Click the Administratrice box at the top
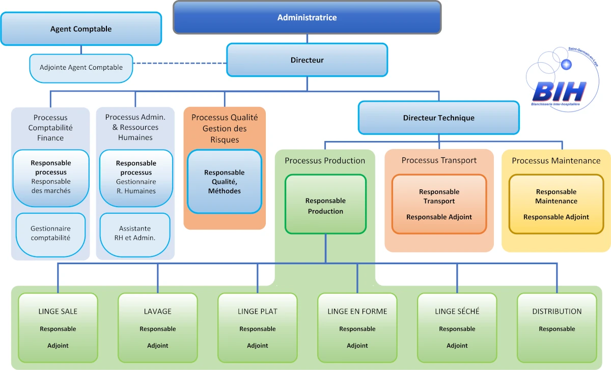click(307, 17)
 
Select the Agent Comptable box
click(81, 29)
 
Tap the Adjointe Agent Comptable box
click(81, 67)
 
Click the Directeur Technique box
click(438, 118)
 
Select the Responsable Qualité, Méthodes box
click(224, 181)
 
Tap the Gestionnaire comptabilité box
click(50, 234)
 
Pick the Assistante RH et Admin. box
click(135, 234)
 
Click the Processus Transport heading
click(439, 160)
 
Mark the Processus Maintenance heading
click(556, 161)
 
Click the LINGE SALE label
click(58, 311)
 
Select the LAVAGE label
click(158, 311)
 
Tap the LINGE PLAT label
click(258, 311)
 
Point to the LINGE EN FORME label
click(357, 311)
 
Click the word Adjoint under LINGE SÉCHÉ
click(457, 346)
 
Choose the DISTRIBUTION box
click(557, 326)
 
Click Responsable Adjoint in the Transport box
click(439, 217)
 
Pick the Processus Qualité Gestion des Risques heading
click(225, 128)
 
